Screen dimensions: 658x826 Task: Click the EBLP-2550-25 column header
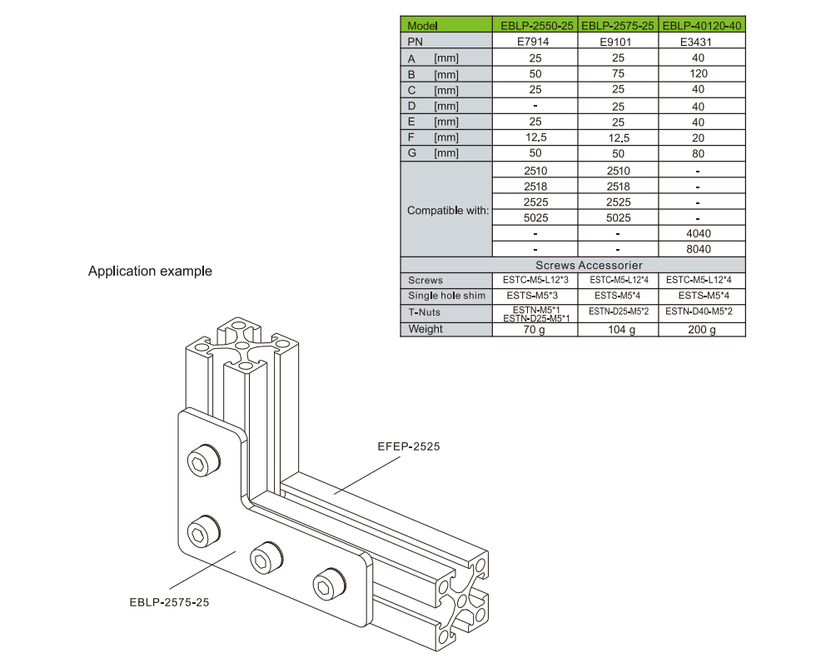[535, 26]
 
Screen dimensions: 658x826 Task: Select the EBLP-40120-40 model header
[701, 26]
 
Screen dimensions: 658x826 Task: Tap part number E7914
[535, 42]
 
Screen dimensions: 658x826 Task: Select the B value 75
[618, 74]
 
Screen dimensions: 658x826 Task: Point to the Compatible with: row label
[448, 211]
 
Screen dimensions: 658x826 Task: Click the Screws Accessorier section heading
[573, 265]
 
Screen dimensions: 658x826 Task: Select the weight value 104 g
[618, 330]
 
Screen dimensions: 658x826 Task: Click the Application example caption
[150, 272]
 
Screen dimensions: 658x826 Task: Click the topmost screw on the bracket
[202, 460]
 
